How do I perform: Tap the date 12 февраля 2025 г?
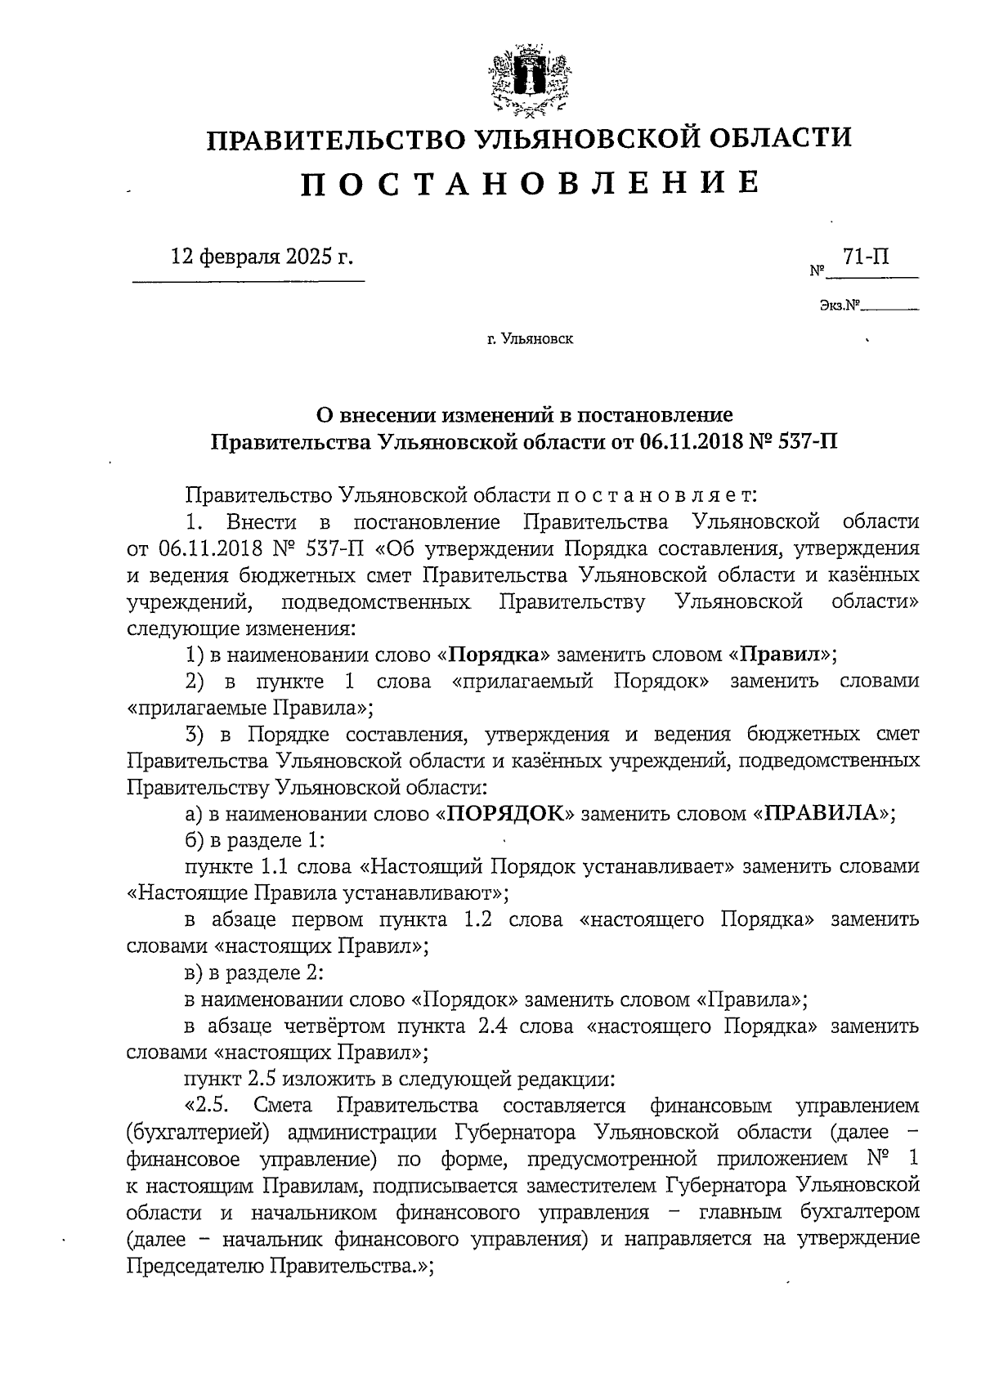coord(262,257)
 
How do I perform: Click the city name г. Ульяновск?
coord(530,338)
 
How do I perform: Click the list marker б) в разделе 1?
coord(195,839)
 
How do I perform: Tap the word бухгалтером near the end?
coord(850,1212)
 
